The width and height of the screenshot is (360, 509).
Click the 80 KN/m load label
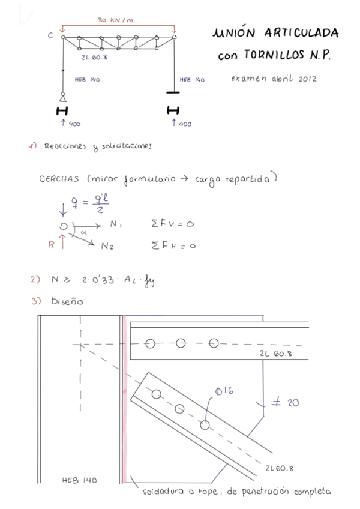[x=115, y=20]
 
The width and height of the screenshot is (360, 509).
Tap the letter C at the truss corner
[x=50, y=35]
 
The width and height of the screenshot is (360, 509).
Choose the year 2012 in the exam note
[x=307, y=79]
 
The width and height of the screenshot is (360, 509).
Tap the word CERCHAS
[x=60, y=179]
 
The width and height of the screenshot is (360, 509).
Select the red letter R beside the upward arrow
[x=51, y=244]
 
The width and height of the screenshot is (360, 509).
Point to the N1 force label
[x=116, y=224]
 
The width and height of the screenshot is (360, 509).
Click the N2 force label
[x=108, y=246]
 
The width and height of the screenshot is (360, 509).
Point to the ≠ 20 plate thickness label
[x=285, y=403]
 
